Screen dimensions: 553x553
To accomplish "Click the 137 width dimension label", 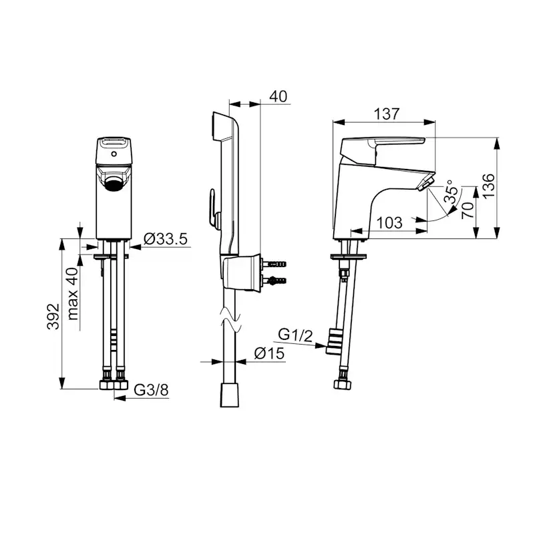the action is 387,114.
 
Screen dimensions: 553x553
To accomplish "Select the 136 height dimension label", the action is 489,186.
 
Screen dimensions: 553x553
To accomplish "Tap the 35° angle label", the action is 451,192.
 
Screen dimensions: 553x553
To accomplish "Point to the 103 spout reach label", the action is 389,222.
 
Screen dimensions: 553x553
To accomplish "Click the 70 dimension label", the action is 468,210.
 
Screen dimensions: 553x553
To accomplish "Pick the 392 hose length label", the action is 53,317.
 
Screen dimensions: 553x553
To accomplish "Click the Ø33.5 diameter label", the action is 166,239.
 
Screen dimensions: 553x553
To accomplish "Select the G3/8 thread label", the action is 152,390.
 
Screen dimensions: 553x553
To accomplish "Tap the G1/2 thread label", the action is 295,335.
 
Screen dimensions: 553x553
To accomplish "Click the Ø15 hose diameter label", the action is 269,353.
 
